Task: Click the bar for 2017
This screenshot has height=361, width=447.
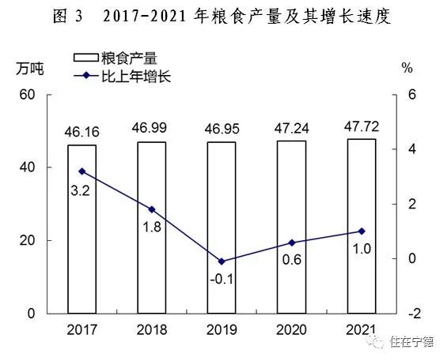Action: pyautogui.click(x=81, y=229)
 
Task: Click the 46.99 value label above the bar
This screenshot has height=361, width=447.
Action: pyautogui.click(x=151, y=128)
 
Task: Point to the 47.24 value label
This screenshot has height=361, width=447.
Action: pyautogui.click(x=291, y=127)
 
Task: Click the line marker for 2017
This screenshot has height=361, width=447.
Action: pyautogui.click(x=81, y=171)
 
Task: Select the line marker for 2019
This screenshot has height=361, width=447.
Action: pyautogui.click(x=222, y=261)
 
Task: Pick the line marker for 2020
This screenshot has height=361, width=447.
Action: pyautogui.click(x=291, y=243)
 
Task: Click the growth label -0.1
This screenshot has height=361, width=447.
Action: pyautogui.click(x=222, y=279)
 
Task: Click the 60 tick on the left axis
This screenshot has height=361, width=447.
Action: pyautogui.click(x=28, y=95)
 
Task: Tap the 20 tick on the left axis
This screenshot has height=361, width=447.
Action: pyautogui.click(x=28, y=241)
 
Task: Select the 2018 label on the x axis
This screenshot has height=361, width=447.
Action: pyautogui.click(x=151, y=329)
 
